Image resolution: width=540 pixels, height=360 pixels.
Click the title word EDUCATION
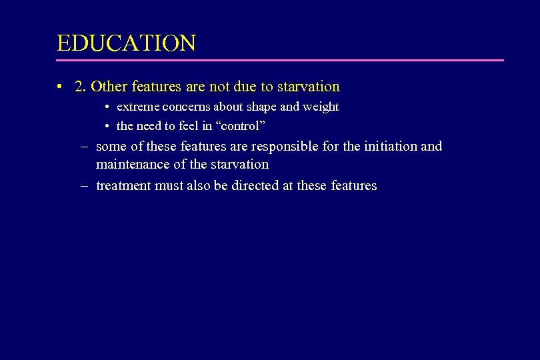tap(126, 43)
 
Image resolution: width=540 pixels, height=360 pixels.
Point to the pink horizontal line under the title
tap(280, 61)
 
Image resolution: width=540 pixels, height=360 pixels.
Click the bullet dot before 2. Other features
tap(60, 87)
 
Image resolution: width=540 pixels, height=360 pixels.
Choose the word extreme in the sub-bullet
tap(136, 107)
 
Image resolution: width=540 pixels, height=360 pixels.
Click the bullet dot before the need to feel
tap(107, 126)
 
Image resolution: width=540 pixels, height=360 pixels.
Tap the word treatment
tap(123, 186)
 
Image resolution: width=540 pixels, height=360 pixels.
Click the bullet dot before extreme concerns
tap(107, 107)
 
